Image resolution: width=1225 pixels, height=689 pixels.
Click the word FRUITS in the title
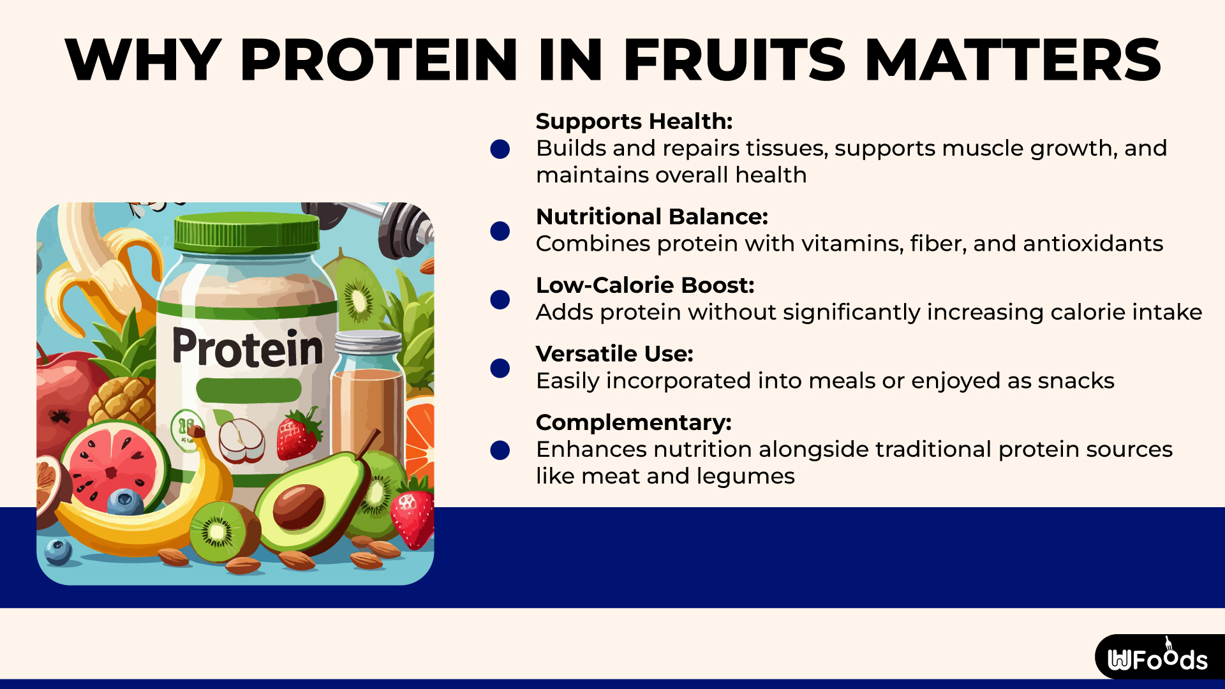click(734, 60)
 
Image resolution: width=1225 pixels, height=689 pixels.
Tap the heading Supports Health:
click(634, 121)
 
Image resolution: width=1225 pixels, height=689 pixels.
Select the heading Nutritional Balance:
click(651, 217)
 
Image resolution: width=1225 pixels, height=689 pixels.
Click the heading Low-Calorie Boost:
click(644, 285)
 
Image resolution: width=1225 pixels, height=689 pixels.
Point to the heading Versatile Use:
click(614, 353)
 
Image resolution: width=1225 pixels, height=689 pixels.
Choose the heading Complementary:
click(633, 422)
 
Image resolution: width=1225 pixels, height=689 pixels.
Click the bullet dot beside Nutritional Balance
click(500, 231)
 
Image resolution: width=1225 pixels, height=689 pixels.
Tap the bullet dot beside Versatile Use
click(500, 368)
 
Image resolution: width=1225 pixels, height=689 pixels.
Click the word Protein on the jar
click(248, 348)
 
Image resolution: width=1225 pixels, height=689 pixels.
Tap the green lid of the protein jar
click(247, 233)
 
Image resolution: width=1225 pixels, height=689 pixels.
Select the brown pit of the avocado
click(298, 506)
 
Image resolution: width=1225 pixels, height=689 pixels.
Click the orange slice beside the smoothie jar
click(420, 434)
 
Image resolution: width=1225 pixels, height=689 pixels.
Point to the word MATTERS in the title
click(1013, 60)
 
